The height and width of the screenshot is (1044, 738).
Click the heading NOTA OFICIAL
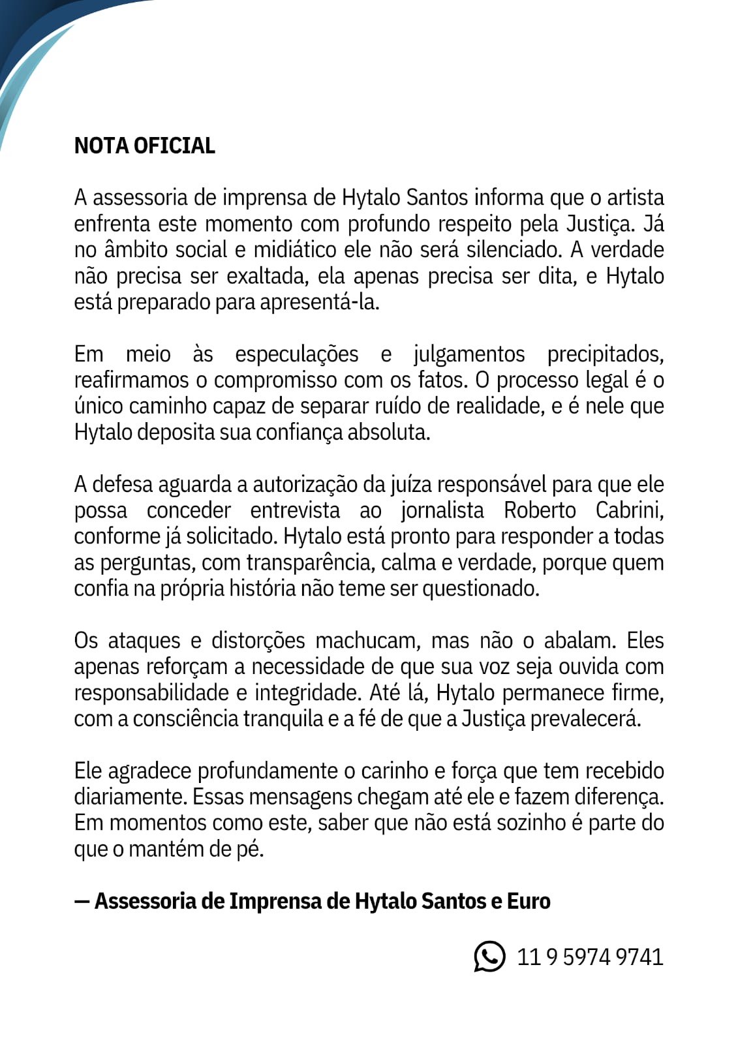point(144,146)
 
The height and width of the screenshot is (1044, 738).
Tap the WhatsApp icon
point(489,957)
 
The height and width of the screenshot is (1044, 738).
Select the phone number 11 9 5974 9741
point(590,957)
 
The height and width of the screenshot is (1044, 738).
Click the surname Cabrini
point(629,510)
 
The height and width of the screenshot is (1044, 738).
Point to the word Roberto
point(539,510)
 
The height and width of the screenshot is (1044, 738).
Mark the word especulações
point(296,354)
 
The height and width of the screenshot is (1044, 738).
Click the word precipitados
point(605,354)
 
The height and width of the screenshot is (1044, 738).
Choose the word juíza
point(411,485)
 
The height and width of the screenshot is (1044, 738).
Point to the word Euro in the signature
point(529,901)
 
